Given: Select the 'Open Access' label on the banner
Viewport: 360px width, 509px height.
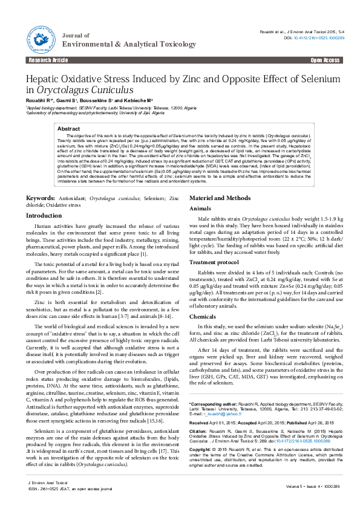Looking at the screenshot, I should coord(326,60).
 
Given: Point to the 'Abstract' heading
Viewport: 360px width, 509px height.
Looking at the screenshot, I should coord(68,129).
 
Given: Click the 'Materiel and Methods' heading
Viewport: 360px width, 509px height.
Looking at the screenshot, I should coord(220,181).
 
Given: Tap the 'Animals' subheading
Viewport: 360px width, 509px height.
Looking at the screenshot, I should coord(200,191).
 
